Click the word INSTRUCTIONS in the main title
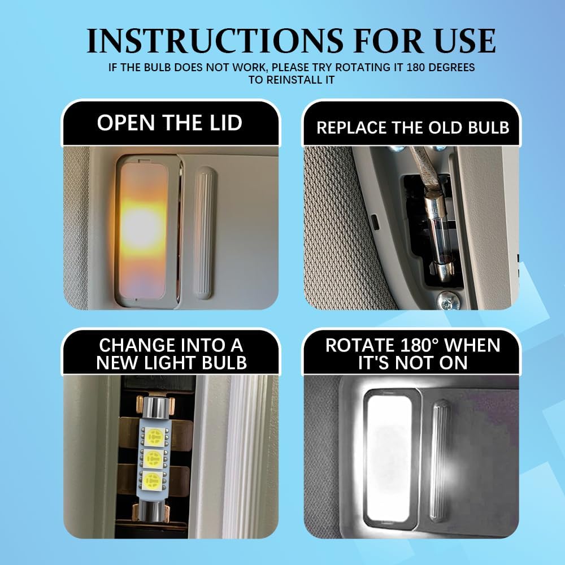[x=215, y=41]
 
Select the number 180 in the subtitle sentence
[x=418, y=67]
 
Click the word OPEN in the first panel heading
[x=126, y=123]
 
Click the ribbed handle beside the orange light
[x=204, y=233]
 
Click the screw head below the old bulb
[x=448, y=301]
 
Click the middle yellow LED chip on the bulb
[x=153, y=459]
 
